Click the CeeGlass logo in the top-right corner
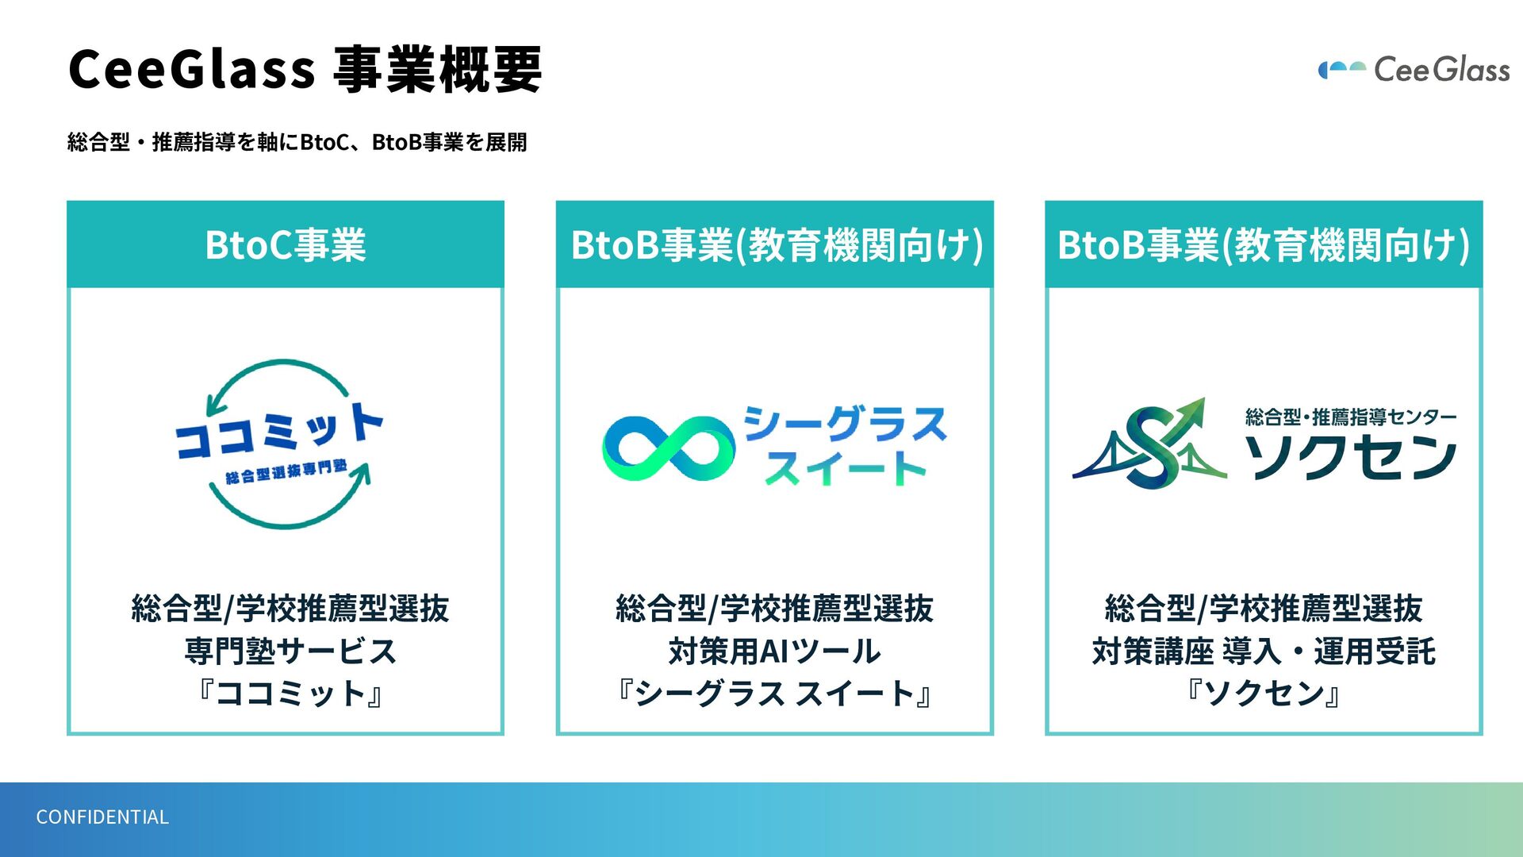click(1414, 70)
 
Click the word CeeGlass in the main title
click(192, 69)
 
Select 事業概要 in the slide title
click(438, 70)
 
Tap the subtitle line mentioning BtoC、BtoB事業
click(297, 142)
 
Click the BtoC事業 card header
click(286, 244)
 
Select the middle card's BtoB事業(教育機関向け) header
click(776, 244)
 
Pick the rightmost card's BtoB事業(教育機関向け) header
click(1264, 244)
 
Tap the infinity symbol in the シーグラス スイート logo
click(668, 448)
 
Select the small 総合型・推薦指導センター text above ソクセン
click(1350, 417)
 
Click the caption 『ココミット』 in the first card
click(290, 694)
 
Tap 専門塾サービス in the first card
click(290, 651)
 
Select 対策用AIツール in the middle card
click(774, 651)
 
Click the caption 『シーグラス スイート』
click(774, 694)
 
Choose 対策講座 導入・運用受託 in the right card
click(1264, 651)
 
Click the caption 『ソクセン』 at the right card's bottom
click(1264, 694)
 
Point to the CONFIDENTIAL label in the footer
click(102, 817)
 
